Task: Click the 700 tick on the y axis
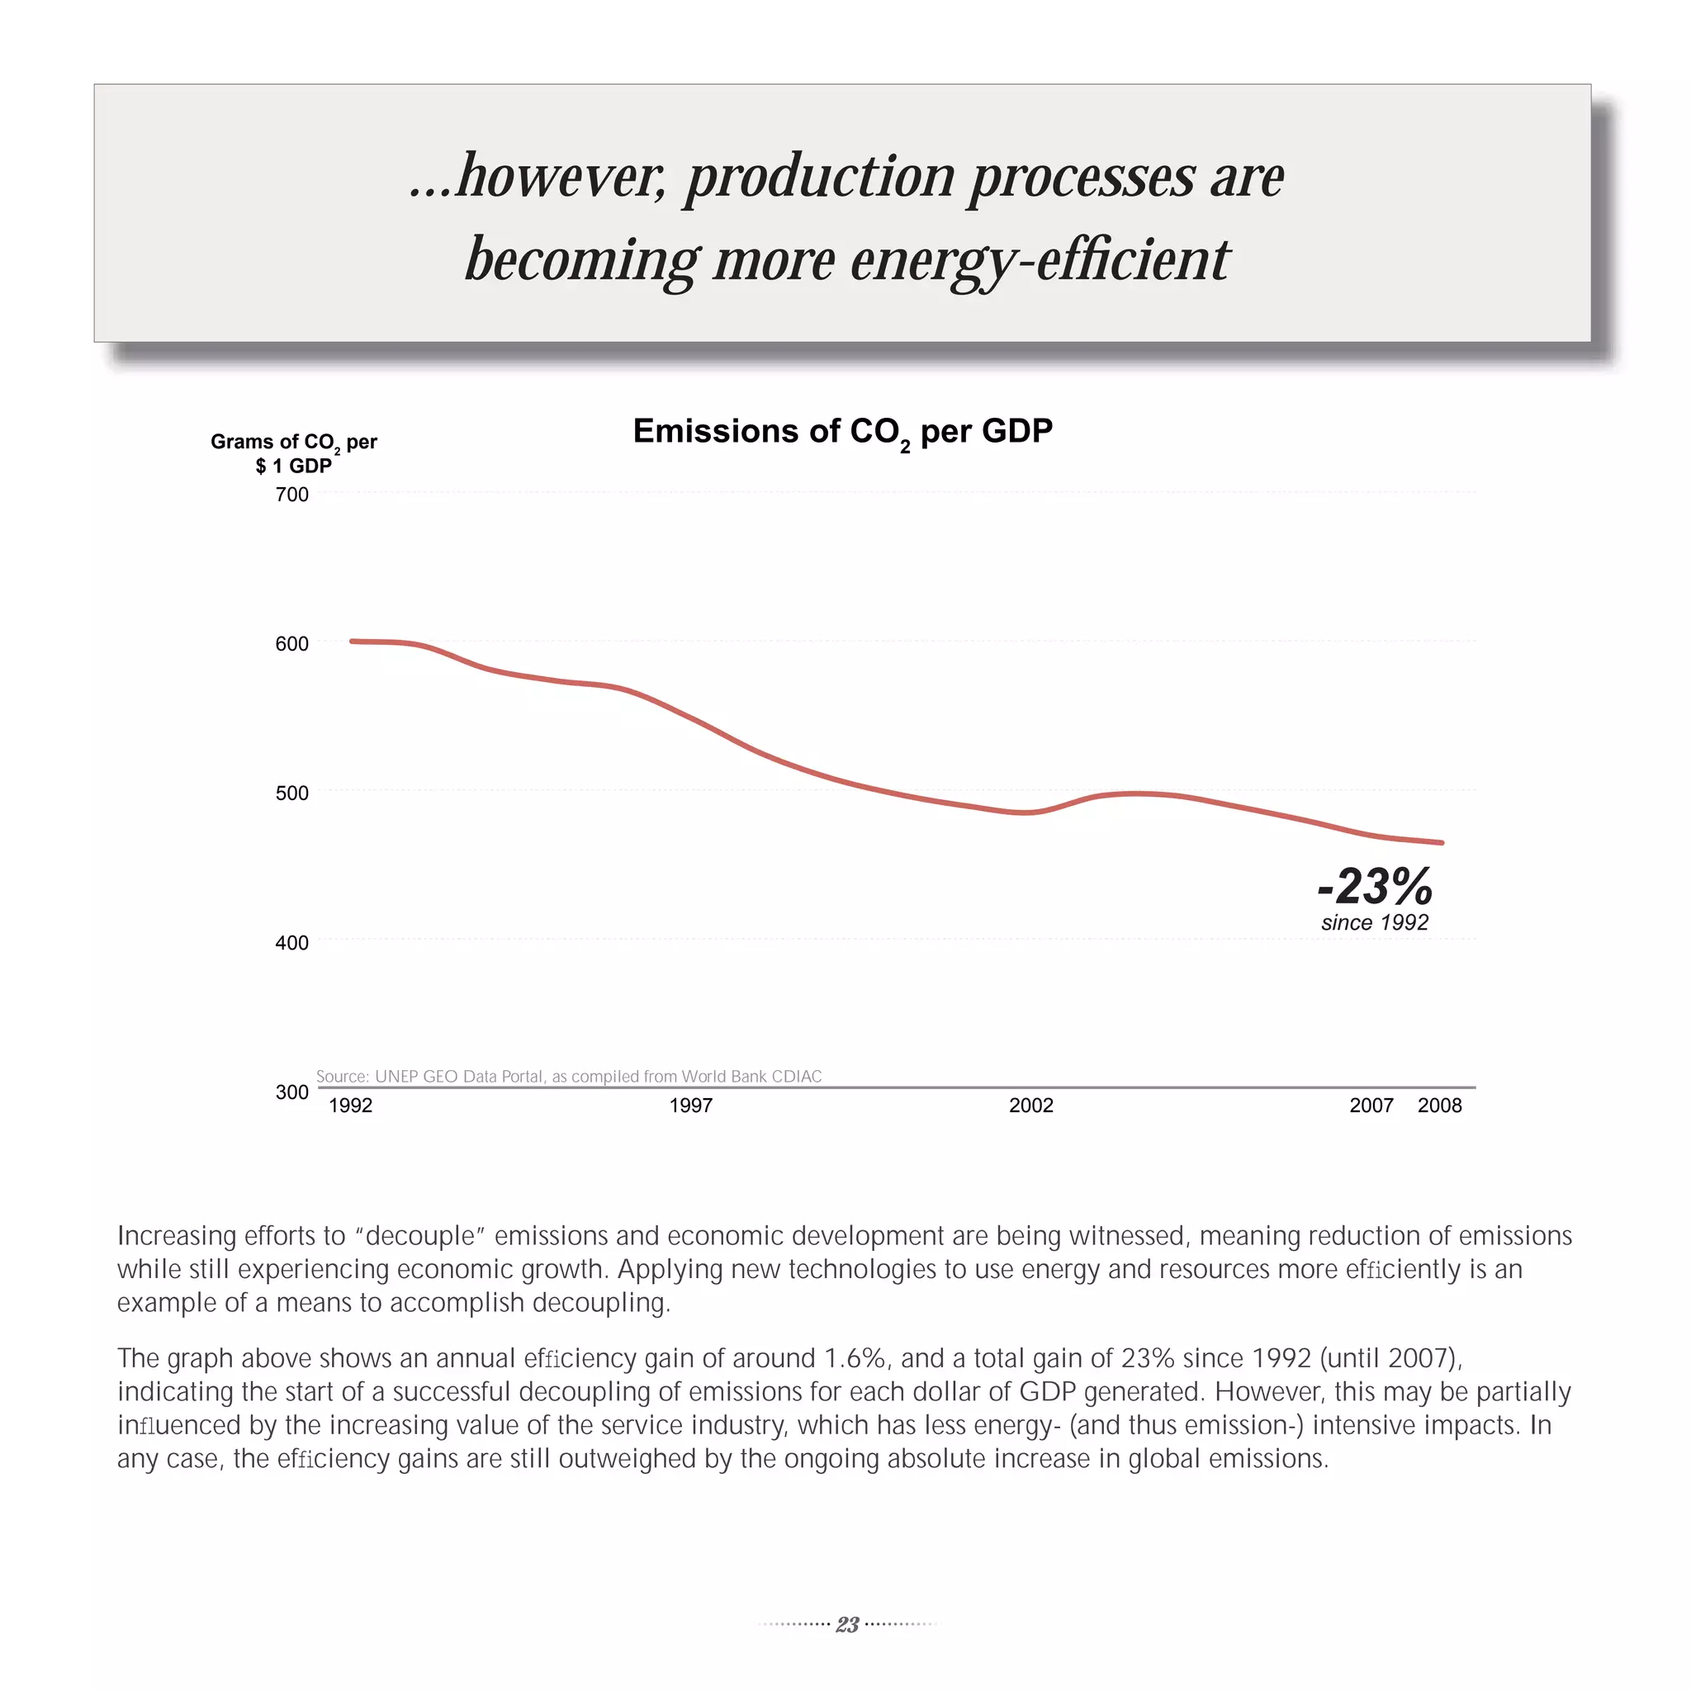(291, 495)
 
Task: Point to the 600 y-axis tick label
(291, 643)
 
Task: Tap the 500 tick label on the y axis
(291, 793)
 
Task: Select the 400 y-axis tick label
(291, 943)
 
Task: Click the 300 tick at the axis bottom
(291, 1092)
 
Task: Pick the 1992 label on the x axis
(350, 1106)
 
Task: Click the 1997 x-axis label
(690, 1106)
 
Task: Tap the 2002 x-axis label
(1031, 1106)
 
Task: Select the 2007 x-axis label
(1371, 1106)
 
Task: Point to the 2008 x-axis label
(1440, 1106)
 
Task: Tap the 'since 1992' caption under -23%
(1374, 922)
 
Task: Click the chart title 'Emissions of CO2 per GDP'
(842, 432)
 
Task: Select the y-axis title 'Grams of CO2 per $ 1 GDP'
(293, 452)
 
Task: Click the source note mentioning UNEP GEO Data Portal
(569, 1076)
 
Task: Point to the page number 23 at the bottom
(846, 1624)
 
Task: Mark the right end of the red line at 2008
(1441, 843)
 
